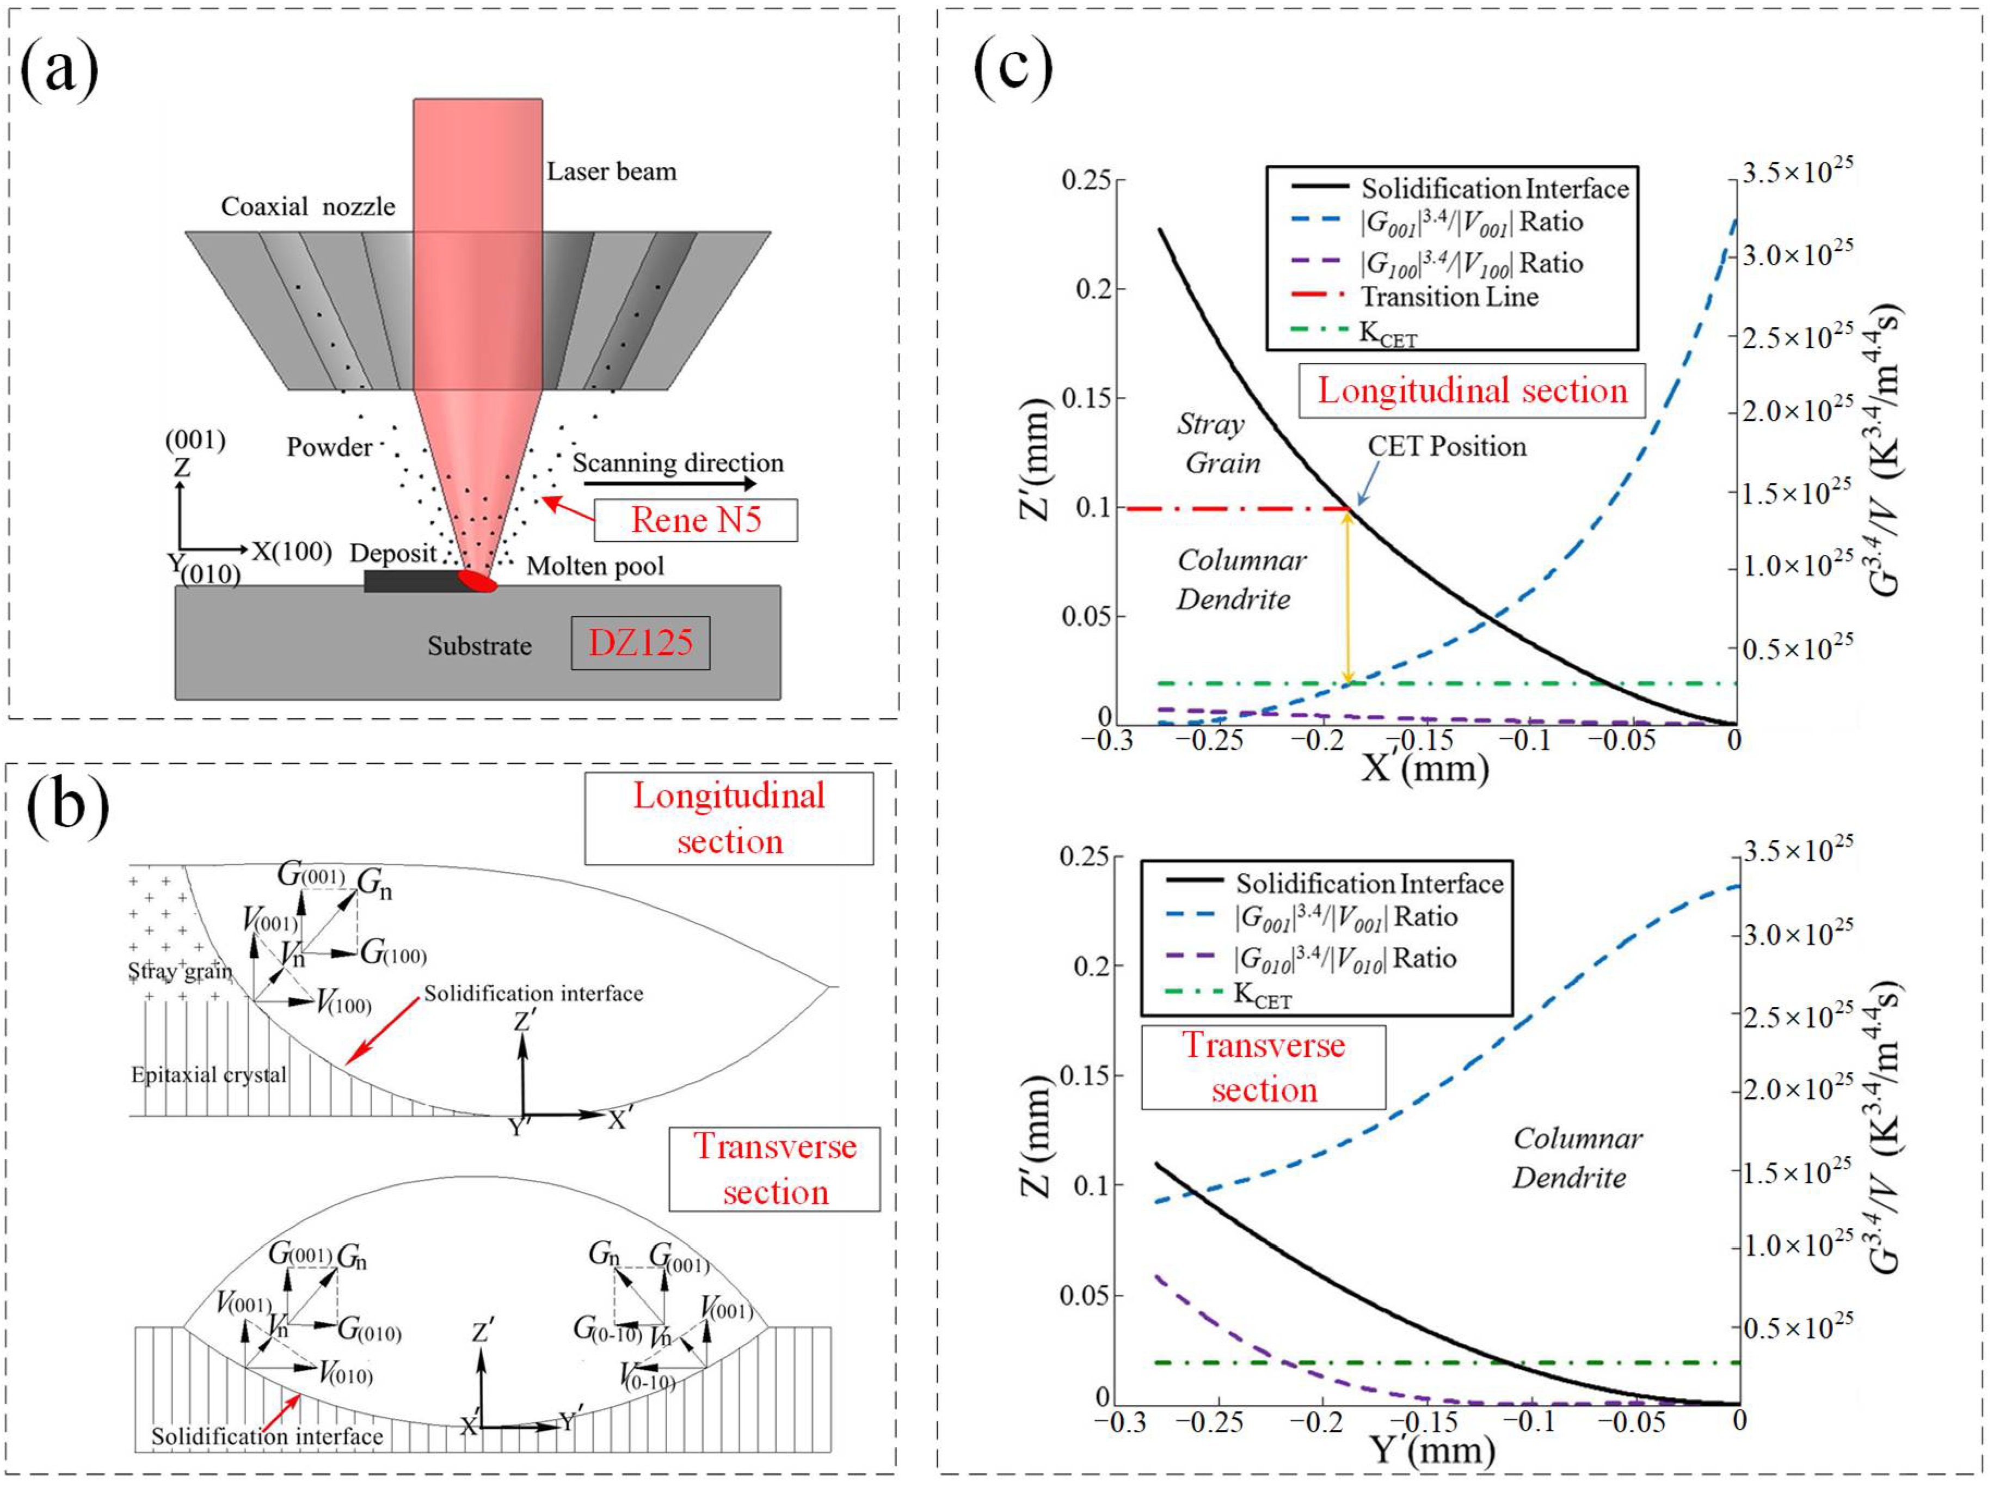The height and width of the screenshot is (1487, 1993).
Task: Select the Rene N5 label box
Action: (x=696, y=521)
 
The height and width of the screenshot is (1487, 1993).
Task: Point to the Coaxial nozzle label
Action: (x=307, y=207)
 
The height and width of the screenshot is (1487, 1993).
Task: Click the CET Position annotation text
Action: (x=1446, y=446)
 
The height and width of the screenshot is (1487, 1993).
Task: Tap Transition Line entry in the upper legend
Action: (x=1449, y=296)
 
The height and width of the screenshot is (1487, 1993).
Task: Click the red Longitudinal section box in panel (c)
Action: (x=1472, y=390)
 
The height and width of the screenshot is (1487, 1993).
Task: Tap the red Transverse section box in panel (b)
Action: (x=774, y=1168)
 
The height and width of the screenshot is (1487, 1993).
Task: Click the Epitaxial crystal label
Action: (x=209, y=1075)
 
